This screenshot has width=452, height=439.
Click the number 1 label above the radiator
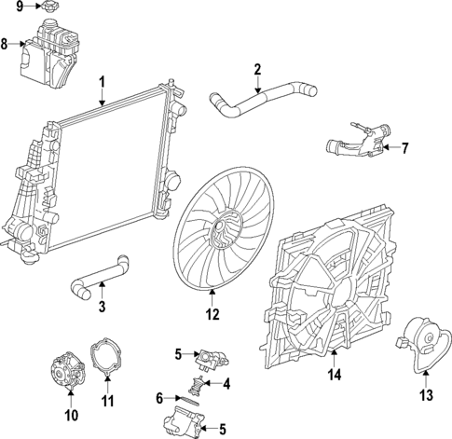click(102, 82)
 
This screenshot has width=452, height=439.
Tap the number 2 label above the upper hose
click(257, 68)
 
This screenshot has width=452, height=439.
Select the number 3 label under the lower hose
click(102, 307)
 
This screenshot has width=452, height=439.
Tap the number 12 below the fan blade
click(212, 315)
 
